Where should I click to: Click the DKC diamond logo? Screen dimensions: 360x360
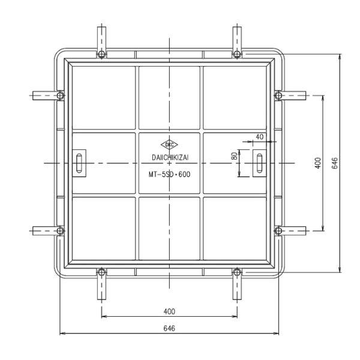(169, 145)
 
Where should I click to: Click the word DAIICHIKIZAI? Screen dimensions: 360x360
(170, 157)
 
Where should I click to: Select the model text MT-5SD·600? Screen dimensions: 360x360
(169, 175)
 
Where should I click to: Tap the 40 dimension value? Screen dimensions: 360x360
(259, 137)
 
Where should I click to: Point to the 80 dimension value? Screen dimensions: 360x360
(235, 157)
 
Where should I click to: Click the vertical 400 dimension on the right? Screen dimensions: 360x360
(318, 163)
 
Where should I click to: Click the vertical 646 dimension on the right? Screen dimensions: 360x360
(335, 163)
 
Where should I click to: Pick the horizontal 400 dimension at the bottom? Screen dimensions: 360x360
(169, 311)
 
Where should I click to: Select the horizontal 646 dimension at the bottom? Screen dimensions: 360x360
(169, 328)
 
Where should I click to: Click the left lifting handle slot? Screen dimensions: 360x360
(79, 163)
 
